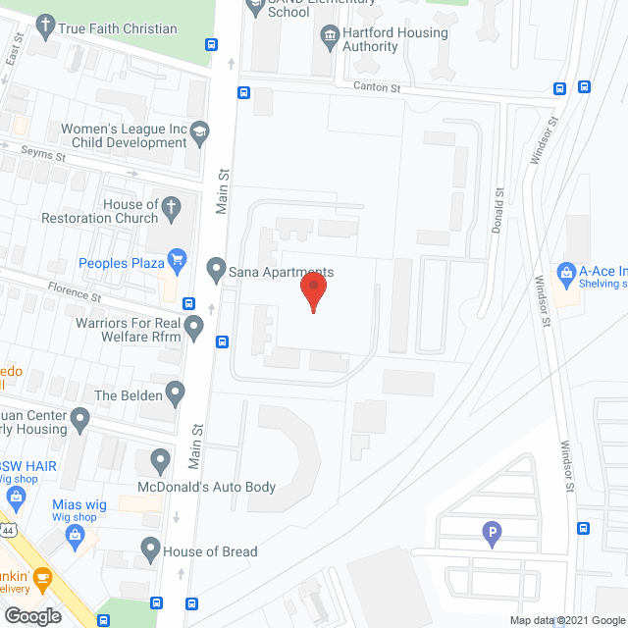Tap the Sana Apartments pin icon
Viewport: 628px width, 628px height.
[x=216, y=267]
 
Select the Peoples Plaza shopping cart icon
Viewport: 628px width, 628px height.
[x=178, y=259]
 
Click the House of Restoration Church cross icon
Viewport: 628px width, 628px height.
[x=172, y=208]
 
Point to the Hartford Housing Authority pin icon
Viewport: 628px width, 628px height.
[x=330, y=38]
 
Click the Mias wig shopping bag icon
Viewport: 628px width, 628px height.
[x=74, y=534]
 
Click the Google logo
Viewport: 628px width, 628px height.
[x=32, y=615]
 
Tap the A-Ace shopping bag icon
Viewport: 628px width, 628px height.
[x=565, y=271]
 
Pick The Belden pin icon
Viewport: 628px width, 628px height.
[x=176, y=394]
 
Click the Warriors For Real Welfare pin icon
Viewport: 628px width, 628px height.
[x=194, y=327]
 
